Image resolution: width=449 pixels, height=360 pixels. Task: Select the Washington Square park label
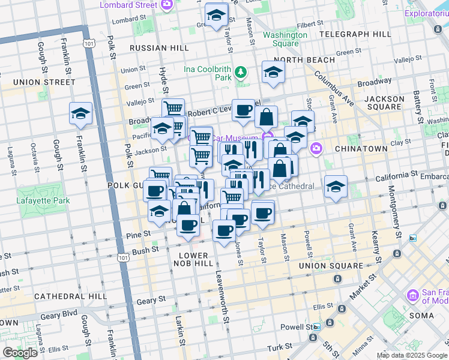pos(285,39)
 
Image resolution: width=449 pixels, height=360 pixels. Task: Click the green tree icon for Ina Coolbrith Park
pos(241,73)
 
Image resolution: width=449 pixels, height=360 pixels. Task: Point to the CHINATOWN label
pos(361,148)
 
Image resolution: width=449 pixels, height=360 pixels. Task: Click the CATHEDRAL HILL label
pos(70,296)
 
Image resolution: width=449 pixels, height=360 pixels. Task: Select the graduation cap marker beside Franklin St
pos(80,113)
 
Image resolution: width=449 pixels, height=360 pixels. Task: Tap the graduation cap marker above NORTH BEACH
pos(273,73)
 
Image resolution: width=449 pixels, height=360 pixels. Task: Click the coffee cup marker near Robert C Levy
pos(243,110)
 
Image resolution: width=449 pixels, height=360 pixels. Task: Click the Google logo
pos(20,353)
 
